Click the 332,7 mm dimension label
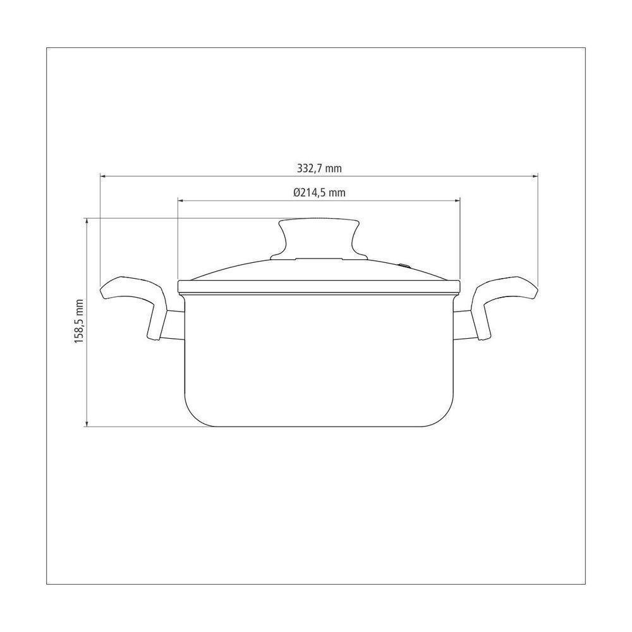click(x=319, y=168)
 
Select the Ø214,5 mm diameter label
click(x=319, y=192)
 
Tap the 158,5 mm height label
click(x=79, y=321)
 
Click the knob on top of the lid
click(x=319, y=239)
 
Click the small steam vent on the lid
click(x=403, y=265)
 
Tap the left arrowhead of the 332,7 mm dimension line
click(x=102, y=176)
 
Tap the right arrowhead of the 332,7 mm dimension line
click(x=536, y=176)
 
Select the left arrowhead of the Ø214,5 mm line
click(x=180, y=200)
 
